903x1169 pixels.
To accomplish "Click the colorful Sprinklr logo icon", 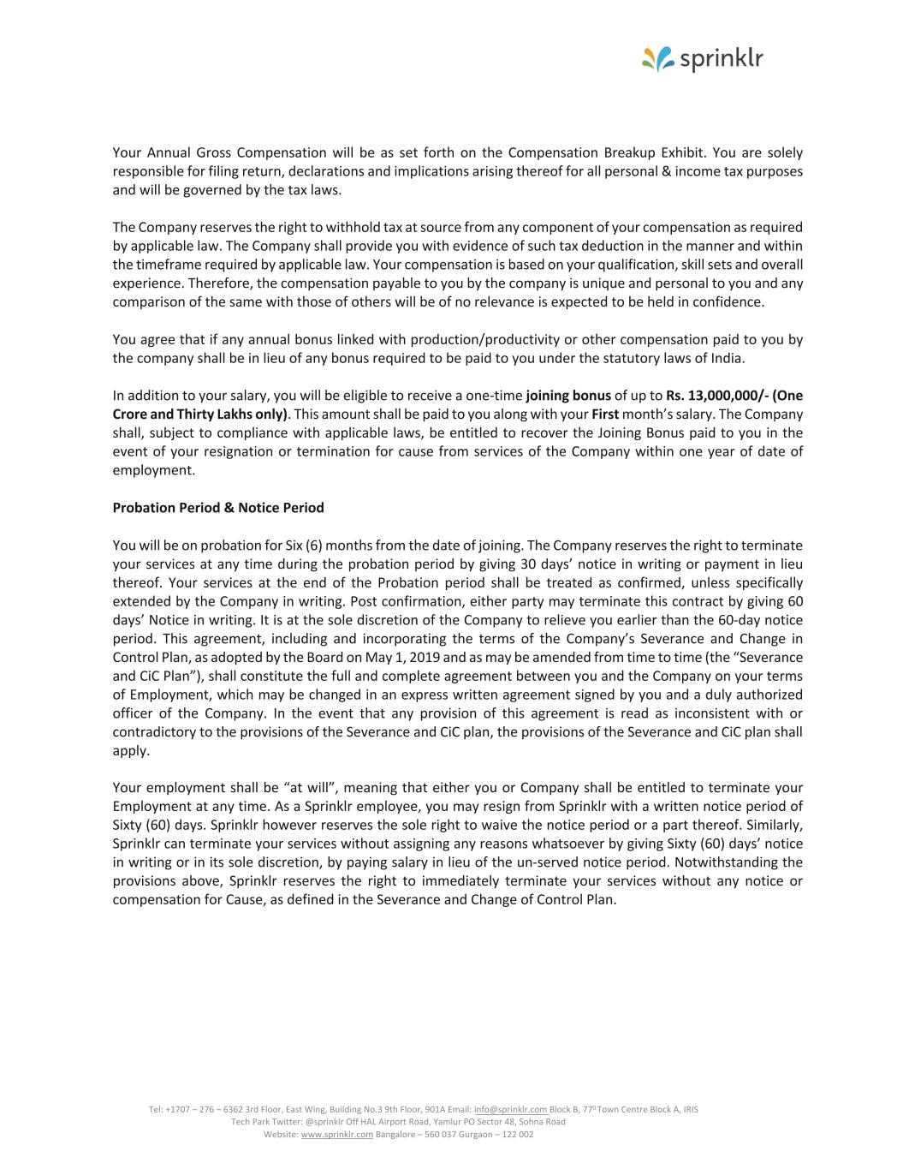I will click(658, 59).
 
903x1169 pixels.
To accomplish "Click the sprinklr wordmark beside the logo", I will click(721, 59).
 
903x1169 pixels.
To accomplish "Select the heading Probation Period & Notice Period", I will click(218, 508).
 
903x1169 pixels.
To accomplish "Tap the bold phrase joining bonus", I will click(568, 396).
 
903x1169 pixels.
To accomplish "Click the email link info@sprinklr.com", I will click(510, 1109).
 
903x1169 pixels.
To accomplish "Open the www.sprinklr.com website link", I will click(337, 1134).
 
